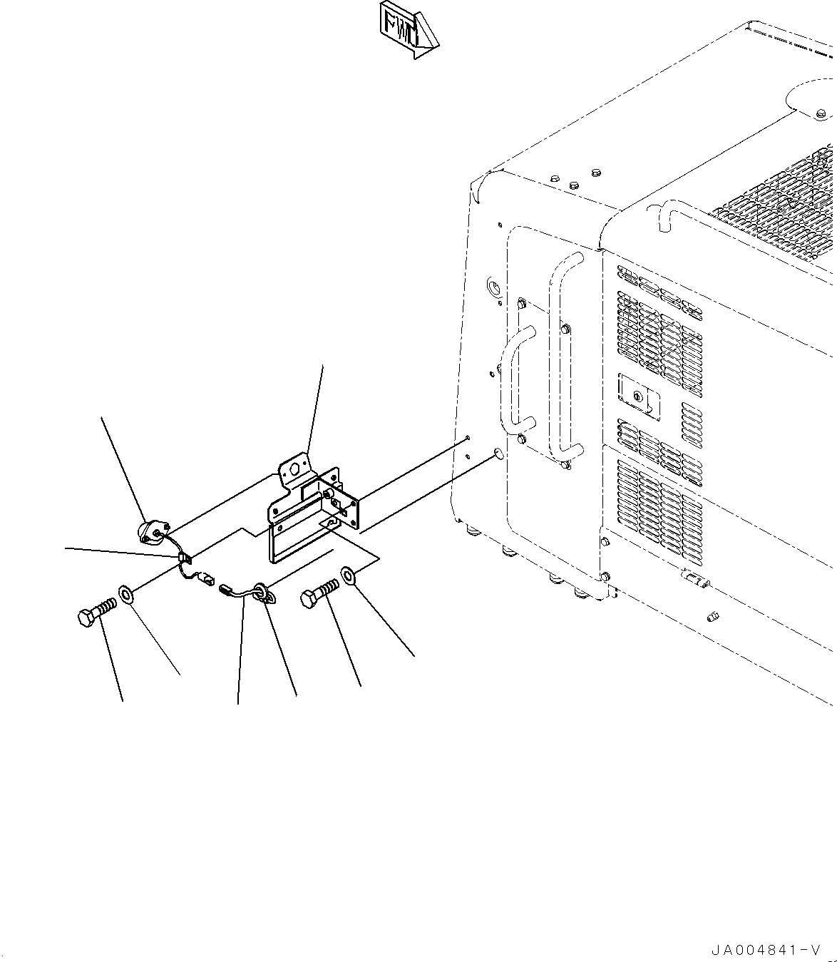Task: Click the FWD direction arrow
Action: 408,30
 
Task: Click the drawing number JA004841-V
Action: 766,949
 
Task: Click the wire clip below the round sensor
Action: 185,558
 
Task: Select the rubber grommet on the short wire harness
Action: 263,593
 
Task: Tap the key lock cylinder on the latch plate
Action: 637,396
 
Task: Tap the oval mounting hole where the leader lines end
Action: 498,454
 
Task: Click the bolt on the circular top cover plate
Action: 821,113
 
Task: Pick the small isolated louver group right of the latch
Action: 692,425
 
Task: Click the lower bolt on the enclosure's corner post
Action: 605,577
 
